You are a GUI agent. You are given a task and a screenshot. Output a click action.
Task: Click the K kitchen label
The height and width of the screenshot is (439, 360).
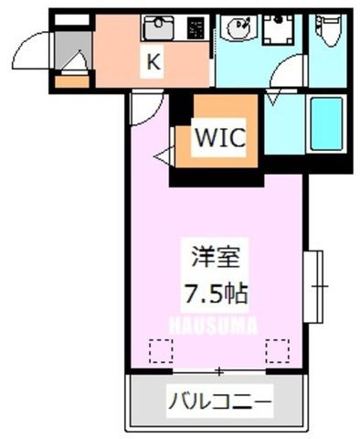coord(153,62)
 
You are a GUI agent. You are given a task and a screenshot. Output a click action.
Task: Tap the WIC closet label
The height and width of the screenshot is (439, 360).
coord(220,137)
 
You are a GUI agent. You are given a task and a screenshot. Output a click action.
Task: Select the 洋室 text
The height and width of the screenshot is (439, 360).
coord(216,257)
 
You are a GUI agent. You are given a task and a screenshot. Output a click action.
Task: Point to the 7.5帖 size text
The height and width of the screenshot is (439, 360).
coord(216,294)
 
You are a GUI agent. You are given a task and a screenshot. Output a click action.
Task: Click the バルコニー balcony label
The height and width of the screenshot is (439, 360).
coord(220,401)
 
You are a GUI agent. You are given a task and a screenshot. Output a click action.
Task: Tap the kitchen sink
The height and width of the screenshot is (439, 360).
coord(158,28)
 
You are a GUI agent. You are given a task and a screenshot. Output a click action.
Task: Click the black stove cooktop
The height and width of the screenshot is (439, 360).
coord(196,28)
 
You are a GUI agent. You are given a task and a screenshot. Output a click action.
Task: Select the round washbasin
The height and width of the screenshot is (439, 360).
coord(239,27)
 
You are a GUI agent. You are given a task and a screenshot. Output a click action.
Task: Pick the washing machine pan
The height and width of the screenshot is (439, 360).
coord(279,29)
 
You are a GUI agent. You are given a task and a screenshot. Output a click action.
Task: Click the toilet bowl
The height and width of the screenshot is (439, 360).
coord(330,30)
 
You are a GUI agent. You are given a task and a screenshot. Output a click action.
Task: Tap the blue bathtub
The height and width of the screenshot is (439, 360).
coord(326,123)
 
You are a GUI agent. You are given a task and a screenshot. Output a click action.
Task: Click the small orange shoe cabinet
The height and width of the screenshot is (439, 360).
coord(72,81)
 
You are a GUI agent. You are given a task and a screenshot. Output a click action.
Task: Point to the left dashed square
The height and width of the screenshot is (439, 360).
coord(162,351)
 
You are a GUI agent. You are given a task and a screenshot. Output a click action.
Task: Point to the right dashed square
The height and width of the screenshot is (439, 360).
coord(278,351)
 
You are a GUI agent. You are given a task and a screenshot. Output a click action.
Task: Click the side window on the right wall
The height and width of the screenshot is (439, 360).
coord(313,286)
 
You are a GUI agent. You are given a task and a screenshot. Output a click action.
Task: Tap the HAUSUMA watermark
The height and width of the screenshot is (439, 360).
coord(213,325)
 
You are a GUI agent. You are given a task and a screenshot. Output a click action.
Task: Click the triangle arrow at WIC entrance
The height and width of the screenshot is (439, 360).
coord(164,156)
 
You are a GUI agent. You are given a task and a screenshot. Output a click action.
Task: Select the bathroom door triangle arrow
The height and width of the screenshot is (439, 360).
coord(273,97)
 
